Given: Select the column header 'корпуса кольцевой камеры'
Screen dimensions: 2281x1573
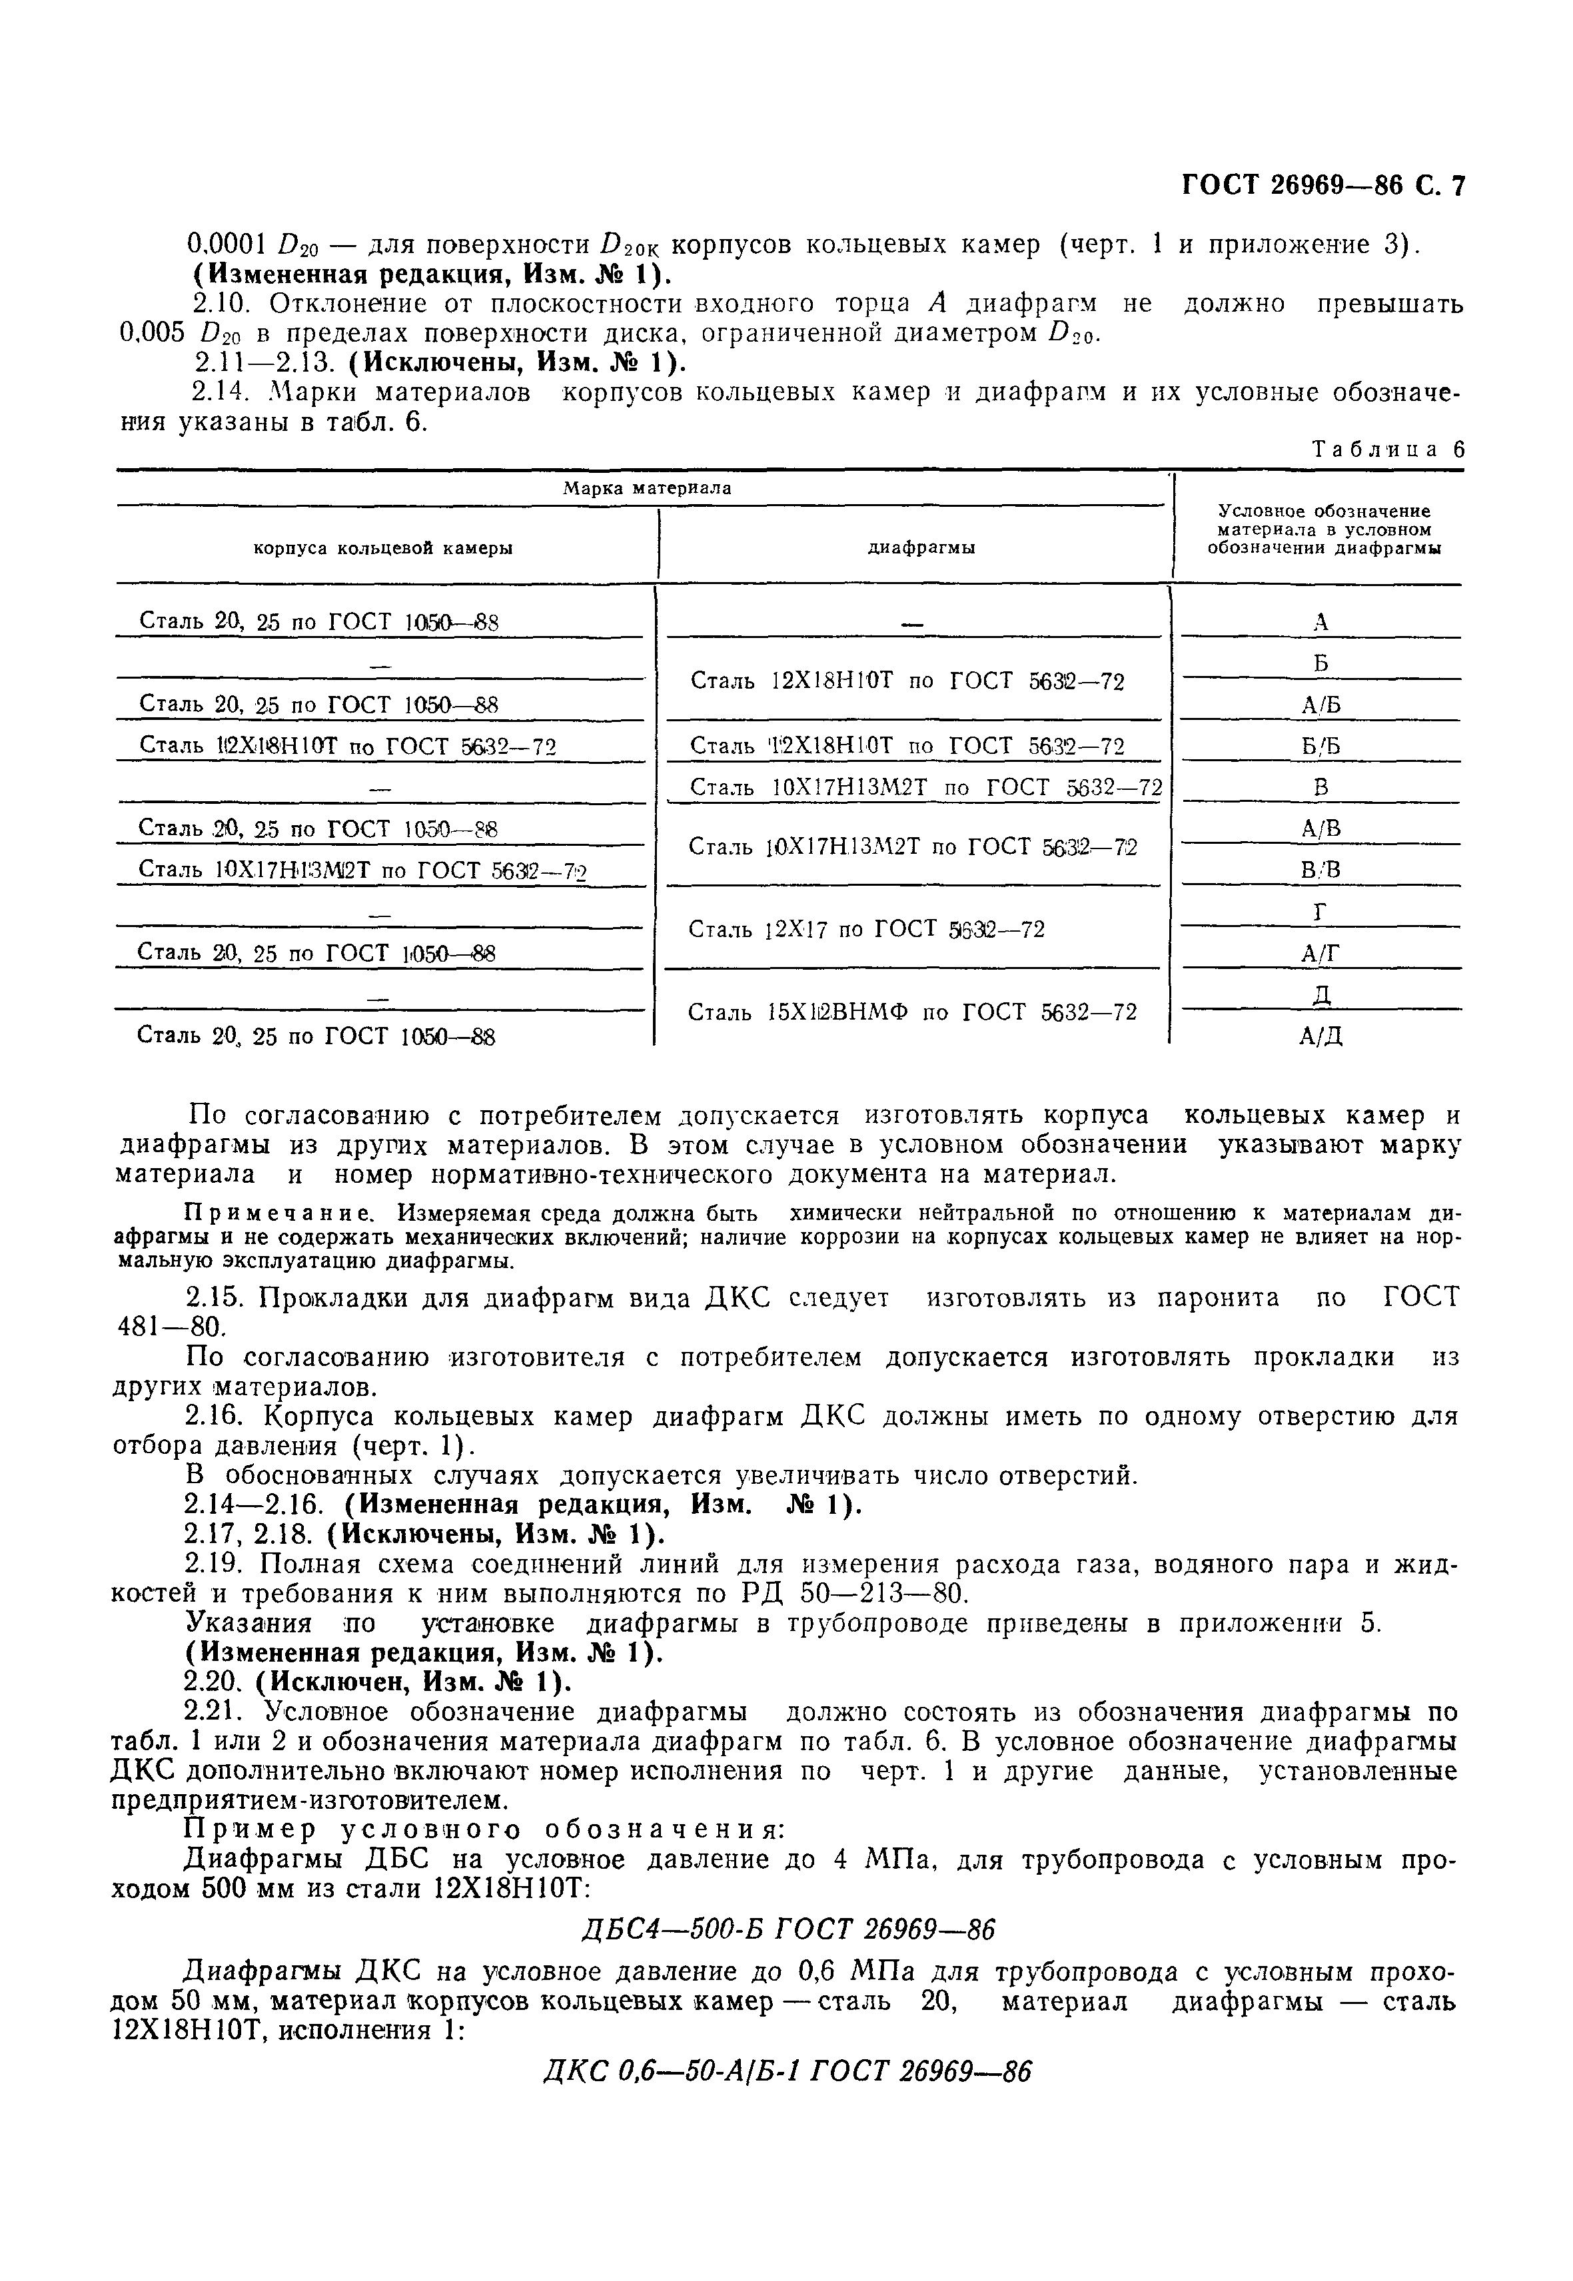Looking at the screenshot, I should click(383, 548).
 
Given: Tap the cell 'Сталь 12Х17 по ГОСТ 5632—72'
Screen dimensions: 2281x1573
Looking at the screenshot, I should click(865, 929).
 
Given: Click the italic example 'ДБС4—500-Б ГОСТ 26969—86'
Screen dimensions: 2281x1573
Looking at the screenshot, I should click(786, 1927).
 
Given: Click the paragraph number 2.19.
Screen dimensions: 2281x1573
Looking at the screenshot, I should click(217, 1564).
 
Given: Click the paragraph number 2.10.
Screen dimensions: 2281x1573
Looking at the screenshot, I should click(221, 304).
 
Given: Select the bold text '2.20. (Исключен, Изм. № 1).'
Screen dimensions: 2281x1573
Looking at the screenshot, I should click(378, 1681).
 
